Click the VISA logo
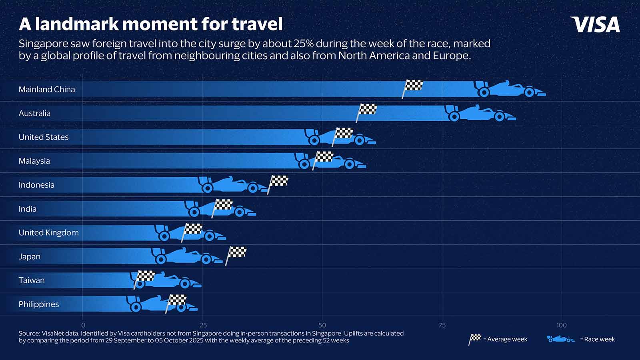595,24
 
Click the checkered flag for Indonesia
278,182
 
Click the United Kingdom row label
48,232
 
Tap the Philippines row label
38,304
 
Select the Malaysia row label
34,161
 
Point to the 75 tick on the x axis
442,325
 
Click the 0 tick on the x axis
83,325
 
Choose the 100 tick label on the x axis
562,325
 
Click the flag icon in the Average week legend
475,339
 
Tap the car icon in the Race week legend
561,339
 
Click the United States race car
340,137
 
